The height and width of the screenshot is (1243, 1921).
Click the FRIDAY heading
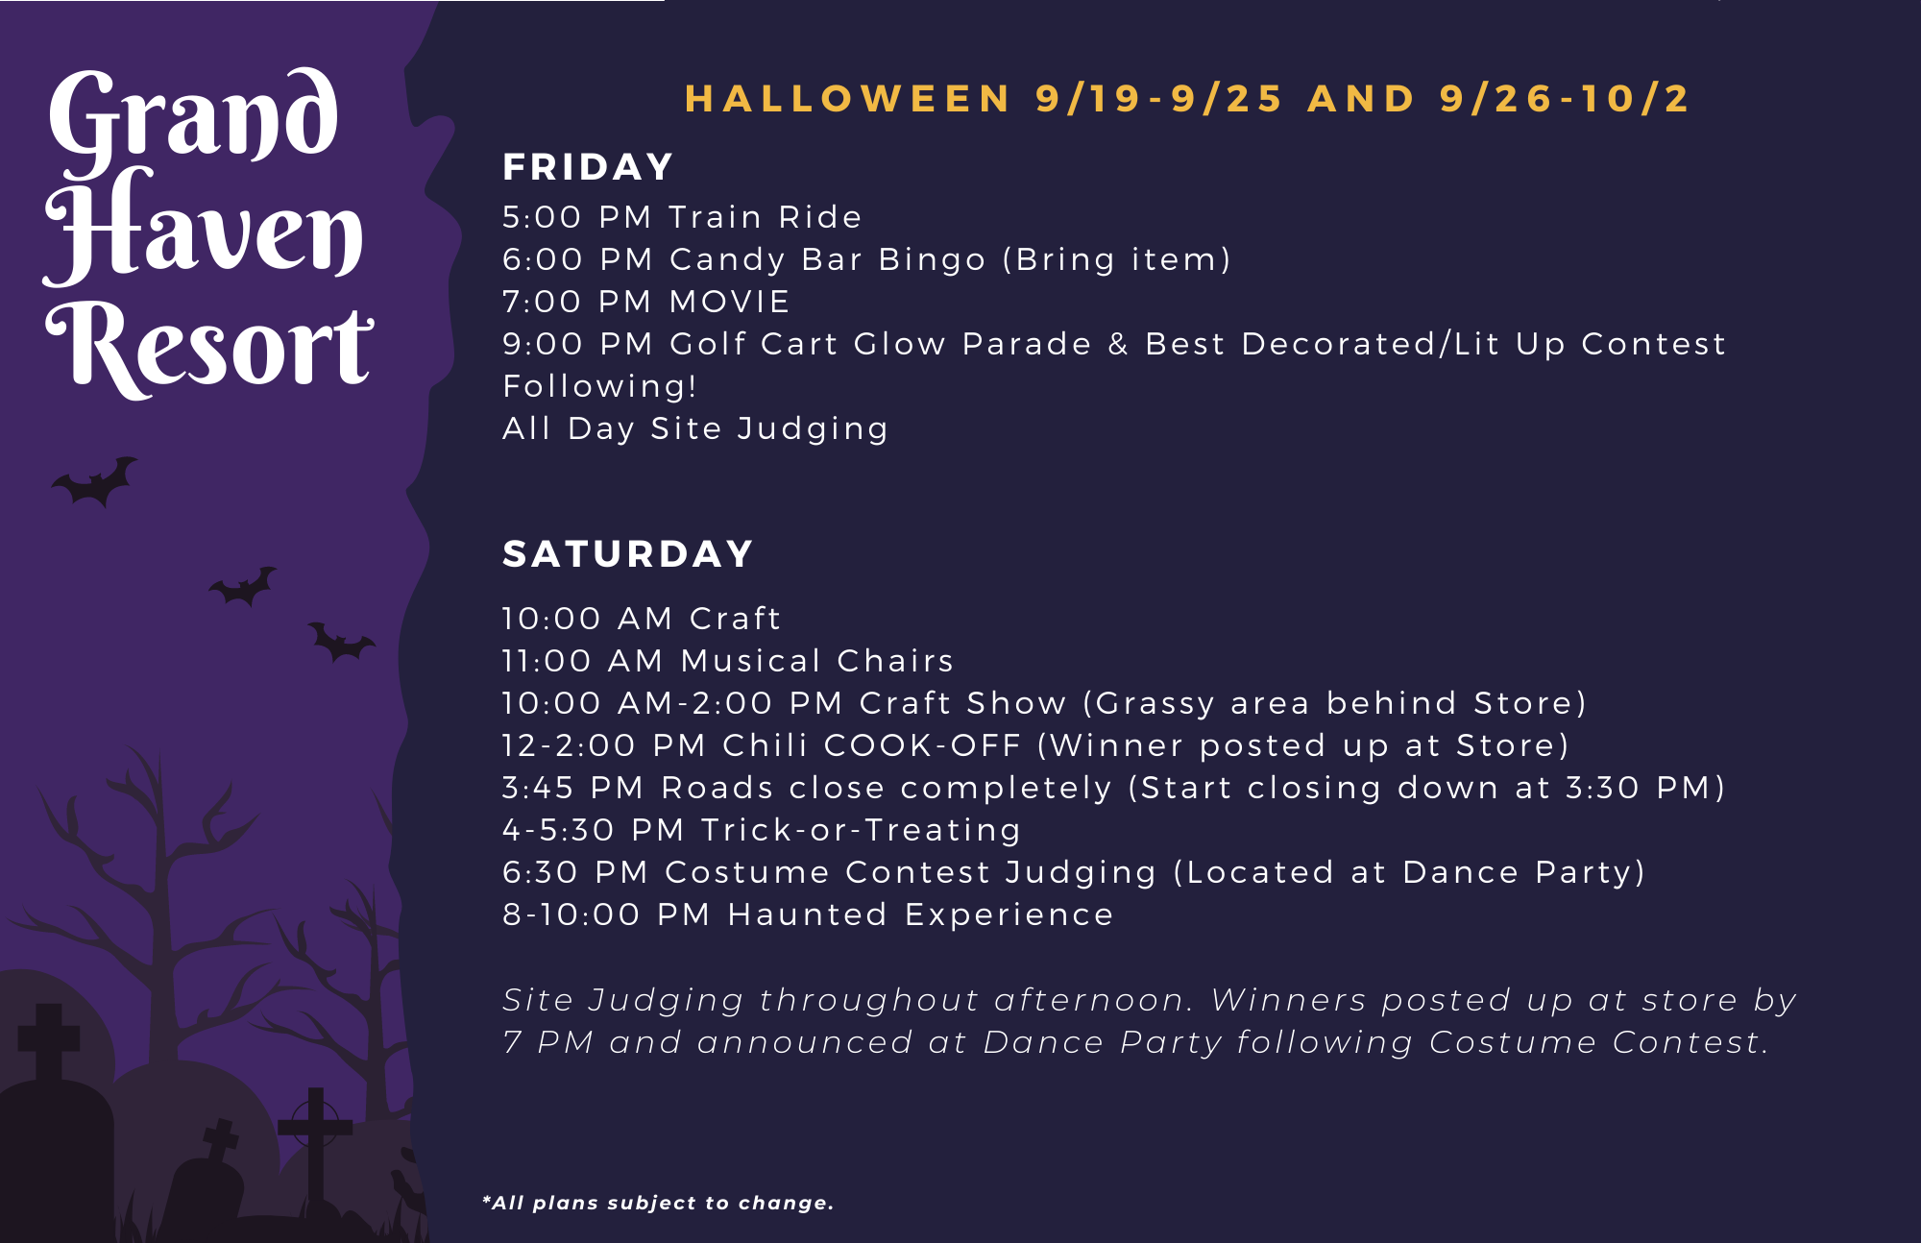pos(588,167)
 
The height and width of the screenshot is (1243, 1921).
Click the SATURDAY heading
pos(628,554)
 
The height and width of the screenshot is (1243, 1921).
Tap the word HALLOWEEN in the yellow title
pos(848,99)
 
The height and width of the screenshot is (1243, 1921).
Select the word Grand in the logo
pos(193,117)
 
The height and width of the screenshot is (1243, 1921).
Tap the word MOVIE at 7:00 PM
pos(730,302)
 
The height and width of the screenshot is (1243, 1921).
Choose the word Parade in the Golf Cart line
pos(1027,344)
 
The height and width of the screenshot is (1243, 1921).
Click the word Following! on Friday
pos(600,387)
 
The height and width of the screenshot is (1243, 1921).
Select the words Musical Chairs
pos(817,661)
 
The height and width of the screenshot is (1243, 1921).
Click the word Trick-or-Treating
pos(861,831)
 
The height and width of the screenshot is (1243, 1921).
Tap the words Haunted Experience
pos(920,915)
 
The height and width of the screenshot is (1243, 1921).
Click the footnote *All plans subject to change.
pos(658,1203)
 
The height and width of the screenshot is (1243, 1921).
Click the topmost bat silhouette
pos(95,481)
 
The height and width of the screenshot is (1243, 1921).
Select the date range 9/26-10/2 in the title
pos(1565,99)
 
